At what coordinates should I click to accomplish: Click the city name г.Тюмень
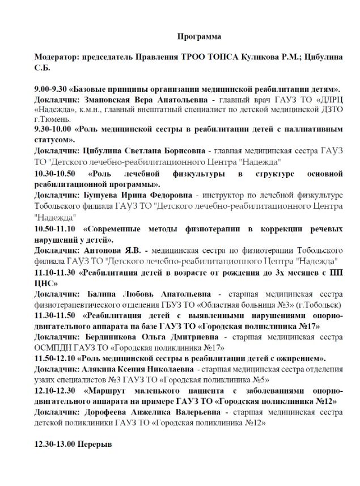(x=52, y=119)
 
